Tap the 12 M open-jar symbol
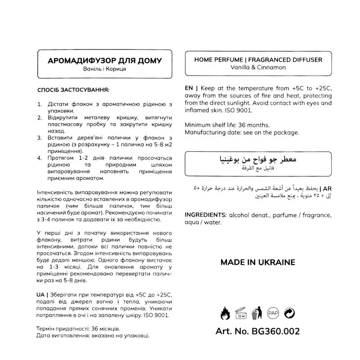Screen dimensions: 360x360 tap(240, 312)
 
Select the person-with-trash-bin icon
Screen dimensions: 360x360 tap(256, 311)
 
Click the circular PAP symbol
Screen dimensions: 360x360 tap(272, 311)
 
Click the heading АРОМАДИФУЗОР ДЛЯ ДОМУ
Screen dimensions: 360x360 tap(104, 60)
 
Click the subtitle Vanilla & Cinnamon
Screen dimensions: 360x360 tap(258, 67)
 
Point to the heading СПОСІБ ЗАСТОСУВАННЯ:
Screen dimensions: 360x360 tap(73, 90)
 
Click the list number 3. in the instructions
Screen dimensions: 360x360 tap(40, 137)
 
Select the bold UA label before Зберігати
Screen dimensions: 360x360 tap(41, 293)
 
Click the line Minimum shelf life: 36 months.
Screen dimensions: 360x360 tap(227, 125)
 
